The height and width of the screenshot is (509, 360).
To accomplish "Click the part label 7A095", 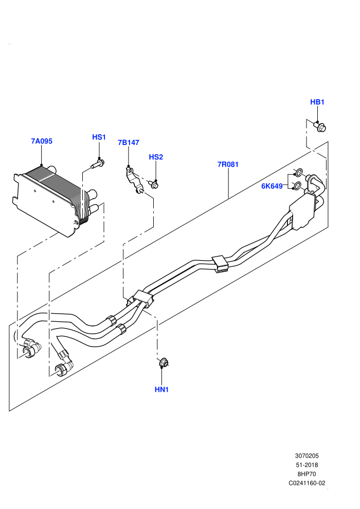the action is [x=42, y=141].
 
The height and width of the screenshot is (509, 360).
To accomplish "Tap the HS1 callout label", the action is [x=99, y=137].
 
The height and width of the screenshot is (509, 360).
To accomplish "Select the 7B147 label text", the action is [x=129, y=142].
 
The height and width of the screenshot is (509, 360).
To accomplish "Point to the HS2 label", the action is [x=156, y=157].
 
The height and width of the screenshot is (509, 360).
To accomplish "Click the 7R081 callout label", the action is [x=228, y=164].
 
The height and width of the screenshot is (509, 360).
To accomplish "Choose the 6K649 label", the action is [x=272, y=186].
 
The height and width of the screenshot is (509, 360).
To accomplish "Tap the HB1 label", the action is [x=317, y=102].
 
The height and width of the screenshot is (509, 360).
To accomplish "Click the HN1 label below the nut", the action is [x=161, y=390].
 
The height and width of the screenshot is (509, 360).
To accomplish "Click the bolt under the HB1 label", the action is [x=320, y=126].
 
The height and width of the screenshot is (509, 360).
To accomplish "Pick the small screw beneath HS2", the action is [x=154, y=185].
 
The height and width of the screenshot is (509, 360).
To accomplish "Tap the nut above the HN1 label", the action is [x=164, y=362].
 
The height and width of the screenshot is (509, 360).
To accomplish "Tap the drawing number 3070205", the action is [x=307, y=456].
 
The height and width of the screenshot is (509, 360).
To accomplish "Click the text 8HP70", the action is [x=307, y=474].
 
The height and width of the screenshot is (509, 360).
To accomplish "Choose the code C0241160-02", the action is [x=307, y=483].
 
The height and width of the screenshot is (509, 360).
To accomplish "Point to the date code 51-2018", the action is [x=307, y=465].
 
